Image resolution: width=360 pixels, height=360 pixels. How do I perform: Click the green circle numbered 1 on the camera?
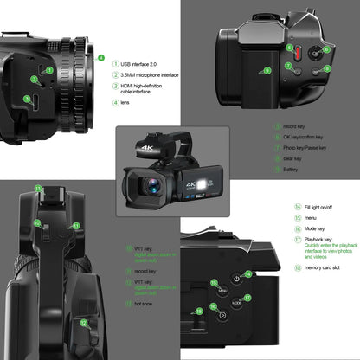coord(49,69)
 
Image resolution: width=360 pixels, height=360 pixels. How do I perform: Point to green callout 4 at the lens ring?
coord(101,59)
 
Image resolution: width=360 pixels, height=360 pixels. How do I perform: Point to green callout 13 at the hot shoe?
coord(38,187)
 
